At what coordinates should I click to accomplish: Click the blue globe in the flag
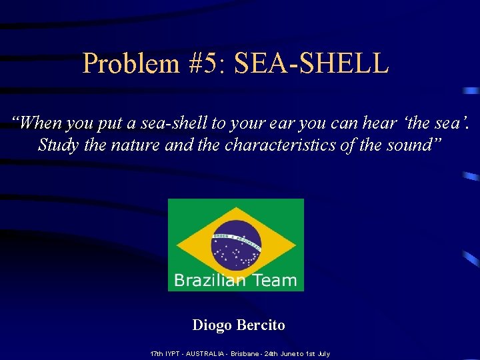click(235, 245)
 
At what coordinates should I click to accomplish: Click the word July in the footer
click(324, 353)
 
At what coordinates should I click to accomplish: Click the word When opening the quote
click(40, 123)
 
